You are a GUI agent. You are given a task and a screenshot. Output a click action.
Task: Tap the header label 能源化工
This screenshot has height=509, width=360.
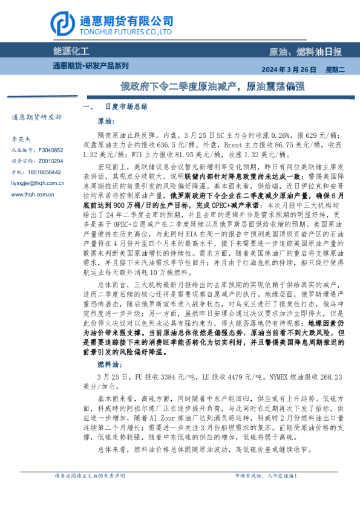click(71, 51)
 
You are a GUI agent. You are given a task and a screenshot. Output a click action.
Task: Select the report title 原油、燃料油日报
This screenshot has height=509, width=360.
click(305, 52)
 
